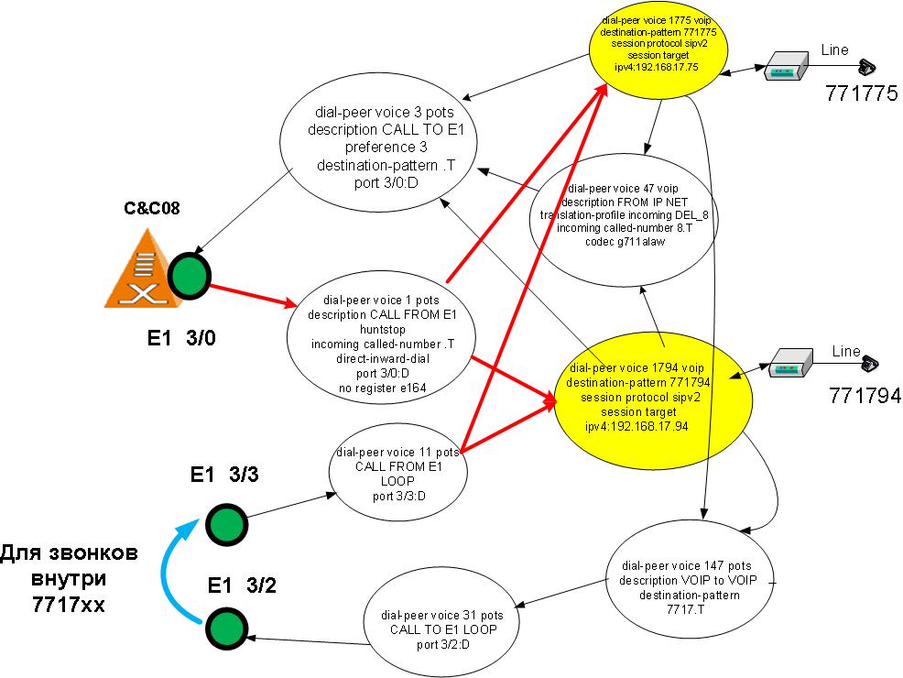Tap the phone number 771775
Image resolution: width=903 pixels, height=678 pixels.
click(x=860, y=93)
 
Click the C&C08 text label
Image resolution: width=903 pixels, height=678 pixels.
click(x=152, y=207)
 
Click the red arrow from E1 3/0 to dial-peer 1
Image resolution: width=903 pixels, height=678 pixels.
click(x=247, y=296)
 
